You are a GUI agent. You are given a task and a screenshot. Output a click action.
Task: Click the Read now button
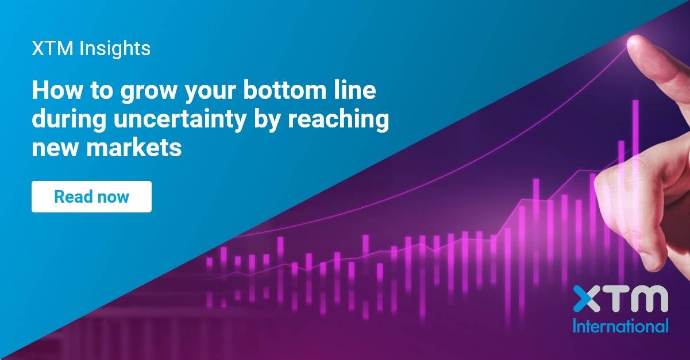pyautogui.click(x=91, y=196)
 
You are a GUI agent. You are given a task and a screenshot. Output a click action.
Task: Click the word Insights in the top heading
pyautogui.click(x=115, y=49)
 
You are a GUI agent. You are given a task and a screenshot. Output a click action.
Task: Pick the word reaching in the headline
pyautogui.click(x=338, y=119)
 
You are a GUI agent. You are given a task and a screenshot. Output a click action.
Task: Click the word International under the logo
pyautogui.click(x=620, y=326)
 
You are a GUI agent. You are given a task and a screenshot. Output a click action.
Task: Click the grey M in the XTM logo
pyautogui.click(x=647, y=299)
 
